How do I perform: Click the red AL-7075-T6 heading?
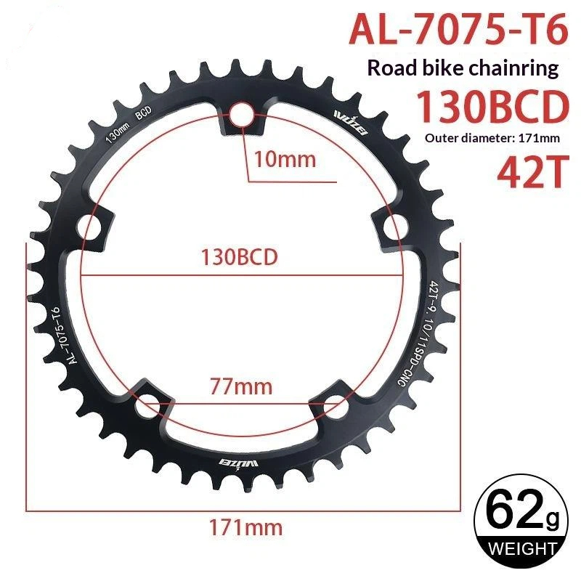coord(458,30)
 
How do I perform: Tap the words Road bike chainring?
coord(463,68)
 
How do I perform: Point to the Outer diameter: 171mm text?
coord(492,138)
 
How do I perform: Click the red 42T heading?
coord(533,172)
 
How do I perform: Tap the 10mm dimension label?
coord(285,160)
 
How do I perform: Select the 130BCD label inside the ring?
coord(239,257)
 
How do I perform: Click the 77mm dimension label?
coord(241,386)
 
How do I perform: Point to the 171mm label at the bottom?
coord(245,527)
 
